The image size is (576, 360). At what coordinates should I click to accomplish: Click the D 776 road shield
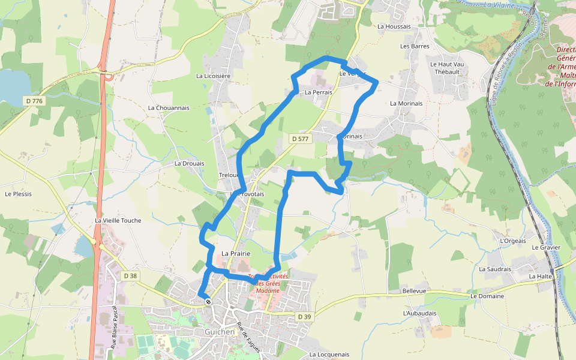(x=35, y=101)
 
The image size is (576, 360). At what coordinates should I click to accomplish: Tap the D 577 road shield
(x=299, y=139)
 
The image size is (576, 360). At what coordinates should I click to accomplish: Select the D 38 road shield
(x=129, y=275)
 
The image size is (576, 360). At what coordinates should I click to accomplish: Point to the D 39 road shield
(x=305, y=316)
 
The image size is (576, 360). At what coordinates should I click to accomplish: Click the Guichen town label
(x=220, y=331)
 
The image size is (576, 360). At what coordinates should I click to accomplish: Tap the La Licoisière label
(x=214, y=76)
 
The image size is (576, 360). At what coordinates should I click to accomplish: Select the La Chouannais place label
(x=169, y=108)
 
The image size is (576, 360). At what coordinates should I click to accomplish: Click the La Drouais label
(x=189, y=163)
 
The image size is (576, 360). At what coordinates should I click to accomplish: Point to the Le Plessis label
(x=18, y=194)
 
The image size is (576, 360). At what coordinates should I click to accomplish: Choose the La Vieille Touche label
(x=118, y=221)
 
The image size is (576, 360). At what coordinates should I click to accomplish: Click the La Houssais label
(x=394, y=26)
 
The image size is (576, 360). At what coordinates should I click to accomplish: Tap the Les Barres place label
(x=415, y=46)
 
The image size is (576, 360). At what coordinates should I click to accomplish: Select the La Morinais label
(x=406, y=103)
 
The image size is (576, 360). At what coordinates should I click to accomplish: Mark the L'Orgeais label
(x=512, y=241)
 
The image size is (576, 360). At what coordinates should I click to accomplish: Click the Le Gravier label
(x=545, y=247)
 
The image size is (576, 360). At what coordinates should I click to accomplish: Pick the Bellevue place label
(x=414, y=291)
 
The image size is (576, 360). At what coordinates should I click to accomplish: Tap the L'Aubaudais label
(x=419, y=313)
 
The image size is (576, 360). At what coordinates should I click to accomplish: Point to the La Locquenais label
(x=329, y=355)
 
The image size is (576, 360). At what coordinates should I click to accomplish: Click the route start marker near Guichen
(x=208, y=301)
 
